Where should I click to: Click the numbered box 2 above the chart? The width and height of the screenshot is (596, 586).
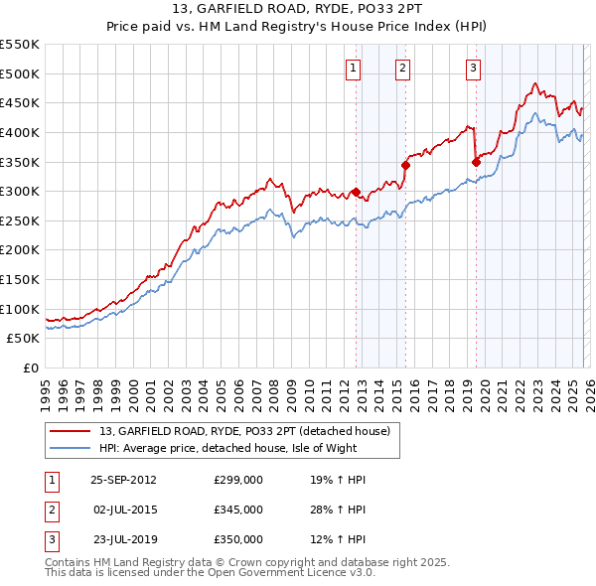click(x=402, y=69)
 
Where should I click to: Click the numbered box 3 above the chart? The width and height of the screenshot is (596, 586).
click(x=473, y=69)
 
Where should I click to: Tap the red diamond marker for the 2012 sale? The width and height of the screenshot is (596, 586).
click(x=356, y=193)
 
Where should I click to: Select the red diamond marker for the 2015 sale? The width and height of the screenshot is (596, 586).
click(x=405, y=165)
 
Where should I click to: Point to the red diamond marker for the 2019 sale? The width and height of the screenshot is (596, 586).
click(x=476, y=162)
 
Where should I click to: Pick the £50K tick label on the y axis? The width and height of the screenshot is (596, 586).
click(x=24, y=339)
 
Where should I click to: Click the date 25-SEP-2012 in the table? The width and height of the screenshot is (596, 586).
click(x=123, y=480)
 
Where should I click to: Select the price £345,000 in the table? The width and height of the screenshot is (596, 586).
click(x=238, y=510)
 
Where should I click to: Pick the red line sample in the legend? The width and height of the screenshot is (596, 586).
click(x=72, y=431)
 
